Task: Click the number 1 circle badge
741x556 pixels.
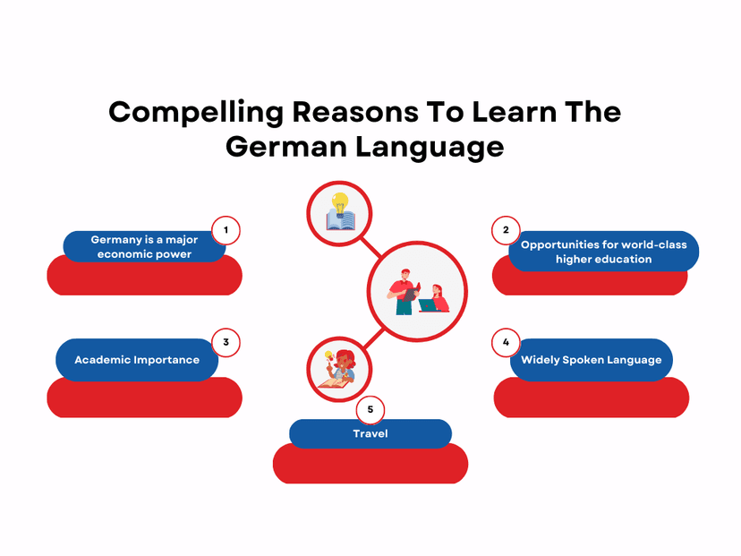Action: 226,230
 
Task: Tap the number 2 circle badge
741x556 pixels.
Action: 506,230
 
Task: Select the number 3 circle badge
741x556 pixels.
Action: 226,342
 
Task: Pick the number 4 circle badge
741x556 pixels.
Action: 506,342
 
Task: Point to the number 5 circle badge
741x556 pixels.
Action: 370,409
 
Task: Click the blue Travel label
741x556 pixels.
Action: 370,433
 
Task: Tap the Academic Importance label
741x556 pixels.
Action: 137,360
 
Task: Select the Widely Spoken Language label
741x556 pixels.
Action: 592,360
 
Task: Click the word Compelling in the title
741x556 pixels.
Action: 196,114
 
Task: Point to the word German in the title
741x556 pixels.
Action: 286,147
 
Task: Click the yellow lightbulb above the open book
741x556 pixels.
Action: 340,203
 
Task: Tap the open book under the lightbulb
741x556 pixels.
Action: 340,221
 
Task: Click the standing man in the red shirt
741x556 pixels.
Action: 404,292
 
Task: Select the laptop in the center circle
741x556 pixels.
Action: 428,305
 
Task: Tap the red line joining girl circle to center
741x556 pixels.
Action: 374,339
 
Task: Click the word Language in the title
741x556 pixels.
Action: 430,148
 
